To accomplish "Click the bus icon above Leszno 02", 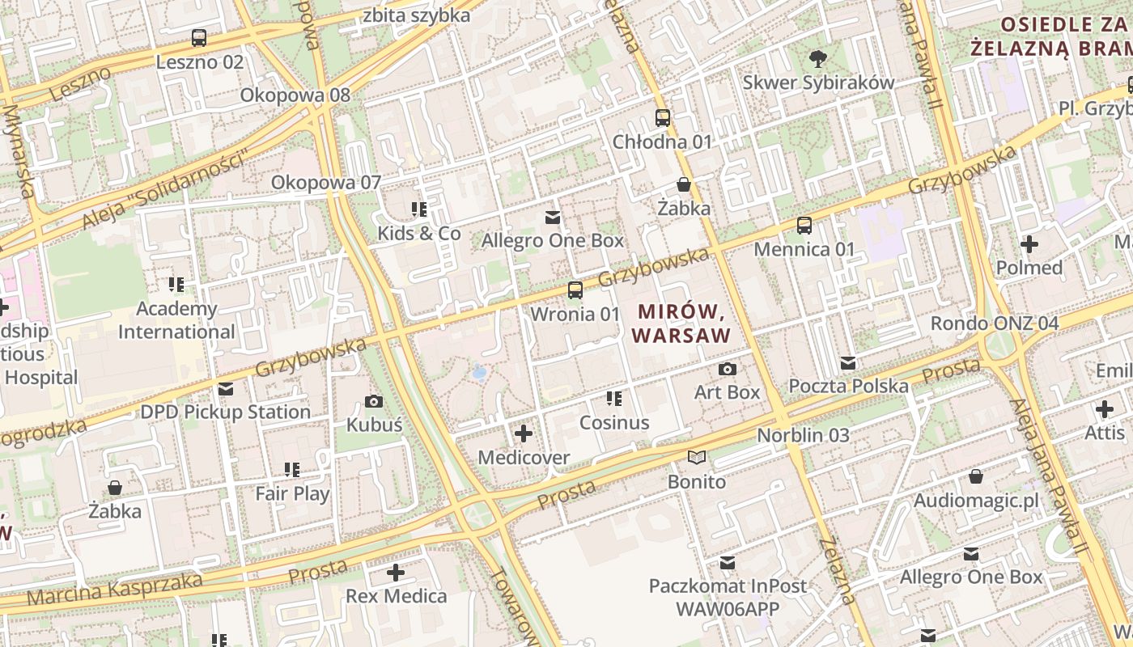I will pyautogui.click(x=199, y=38).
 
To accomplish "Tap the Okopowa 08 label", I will pyautogui.click(x=295, y=95).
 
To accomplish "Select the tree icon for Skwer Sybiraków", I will pyautogui.click(x=818, y=58).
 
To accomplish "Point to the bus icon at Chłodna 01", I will pyautogui.click(x=663, y=118).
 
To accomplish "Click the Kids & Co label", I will pyautogui.click(x=418, y=234).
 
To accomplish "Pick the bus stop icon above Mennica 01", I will pyautogui.click(x=804, y=226).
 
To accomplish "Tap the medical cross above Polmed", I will pyautogui.click(x=1029, y=243).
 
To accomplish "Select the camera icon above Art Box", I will pyautogui.click(x=728, y=370).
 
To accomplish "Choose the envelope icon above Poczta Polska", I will pyautogui.click(x=848, y=363).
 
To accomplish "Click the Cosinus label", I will pyautogui.click(x=614, y=423).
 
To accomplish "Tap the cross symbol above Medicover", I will pyautogui.click(x=524, y=434).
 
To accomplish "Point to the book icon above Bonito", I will pyautogui.click(x=697, y=458).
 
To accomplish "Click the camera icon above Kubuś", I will pyautogui.click(x=374, y=401).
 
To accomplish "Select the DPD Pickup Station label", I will pyautogui.click(x=226, y=412).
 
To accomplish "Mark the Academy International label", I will pyautogui.click(x=176, y=320).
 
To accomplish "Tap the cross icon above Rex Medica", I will pyautogui.click(x=396, y=573).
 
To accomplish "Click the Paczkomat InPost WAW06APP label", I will pyautogui.click(x=728, y=597).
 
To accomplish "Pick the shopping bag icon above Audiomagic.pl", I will pyautogui.click(x=976, y=477).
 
